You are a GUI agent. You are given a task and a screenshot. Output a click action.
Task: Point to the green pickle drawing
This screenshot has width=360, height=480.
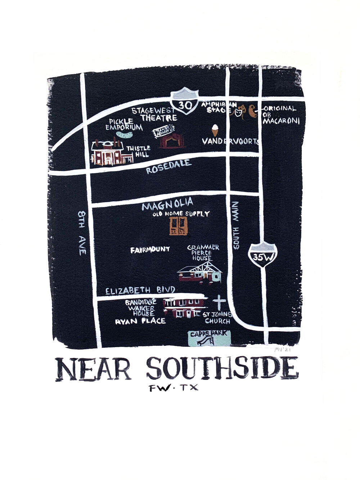(x=123, y=135)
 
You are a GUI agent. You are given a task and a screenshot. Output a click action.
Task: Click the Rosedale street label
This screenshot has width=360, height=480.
(x=168, y=167)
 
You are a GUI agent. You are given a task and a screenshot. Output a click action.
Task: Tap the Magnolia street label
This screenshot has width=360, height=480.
(x=168, y=205)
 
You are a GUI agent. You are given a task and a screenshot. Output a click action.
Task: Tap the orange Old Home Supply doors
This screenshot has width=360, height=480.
(x=179, y=226)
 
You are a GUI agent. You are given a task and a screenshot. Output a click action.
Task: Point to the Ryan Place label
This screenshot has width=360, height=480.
(x=140, y=321)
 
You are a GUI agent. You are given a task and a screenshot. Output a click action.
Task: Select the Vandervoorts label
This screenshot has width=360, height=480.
(x=231, y=142)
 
